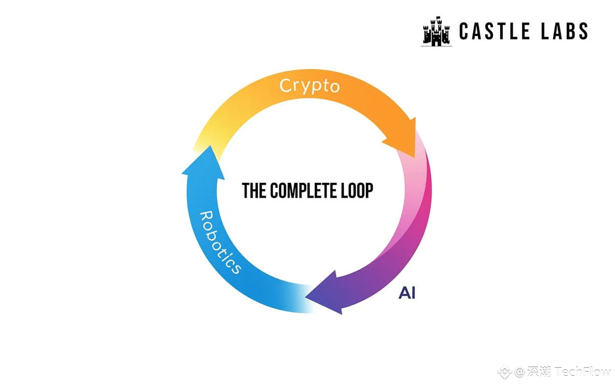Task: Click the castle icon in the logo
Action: (436, 32)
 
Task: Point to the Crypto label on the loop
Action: (310, 86)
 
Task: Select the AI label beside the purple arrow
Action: (407, 293)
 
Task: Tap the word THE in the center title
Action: (254, 191)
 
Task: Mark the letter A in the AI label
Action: (403, 293)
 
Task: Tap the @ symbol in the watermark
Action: (520, 372)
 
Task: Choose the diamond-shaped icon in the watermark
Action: (507, 372)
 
